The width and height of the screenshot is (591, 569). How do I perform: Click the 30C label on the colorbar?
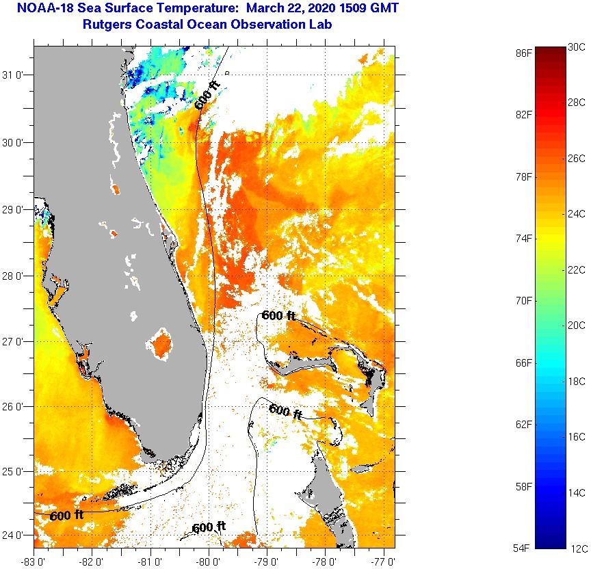(577, 47)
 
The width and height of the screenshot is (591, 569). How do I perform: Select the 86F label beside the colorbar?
(524, 52)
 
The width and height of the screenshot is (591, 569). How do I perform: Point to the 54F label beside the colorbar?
(524, 548)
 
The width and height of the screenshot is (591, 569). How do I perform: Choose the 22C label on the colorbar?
(577, 269)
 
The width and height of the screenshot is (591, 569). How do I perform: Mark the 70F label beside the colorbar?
(524, 300)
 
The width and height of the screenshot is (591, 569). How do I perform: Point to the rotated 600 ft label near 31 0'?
(207, 94)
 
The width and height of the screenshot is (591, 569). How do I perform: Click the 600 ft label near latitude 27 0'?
(278, 316)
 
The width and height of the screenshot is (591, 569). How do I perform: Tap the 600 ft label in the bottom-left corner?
(67, 516)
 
